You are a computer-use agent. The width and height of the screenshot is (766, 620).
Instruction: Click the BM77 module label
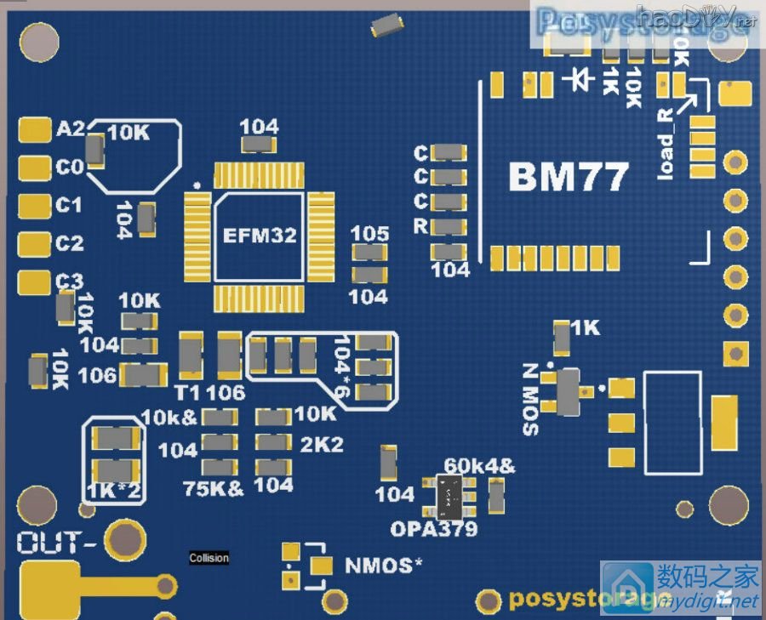[569, 178]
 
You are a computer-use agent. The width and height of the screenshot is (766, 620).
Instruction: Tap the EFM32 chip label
[260, 236]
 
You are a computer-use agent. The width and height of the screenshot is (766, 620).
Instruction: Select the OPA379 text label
[433, 528]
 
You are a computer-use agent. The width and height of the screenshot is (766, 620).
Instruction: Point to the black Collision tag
[209, 558]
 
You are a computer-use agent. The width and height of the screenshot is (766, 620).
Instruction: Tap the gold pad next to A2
[34, 129]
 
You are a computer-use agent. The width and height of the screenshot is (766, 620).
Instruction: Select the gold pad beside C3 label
[34, 281]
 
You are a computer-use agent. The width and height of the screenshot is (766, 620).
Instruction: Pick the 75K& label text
[214, 488]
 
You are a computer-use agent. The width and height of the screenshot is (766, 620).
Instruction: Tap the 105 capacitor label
[369, 233]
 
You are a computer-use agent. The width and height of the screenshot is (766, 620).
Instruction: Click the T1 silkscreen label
[187, 392]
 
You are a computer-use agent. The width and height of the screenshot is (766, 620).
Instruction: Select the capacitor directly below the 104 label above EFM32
[259, 145]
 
